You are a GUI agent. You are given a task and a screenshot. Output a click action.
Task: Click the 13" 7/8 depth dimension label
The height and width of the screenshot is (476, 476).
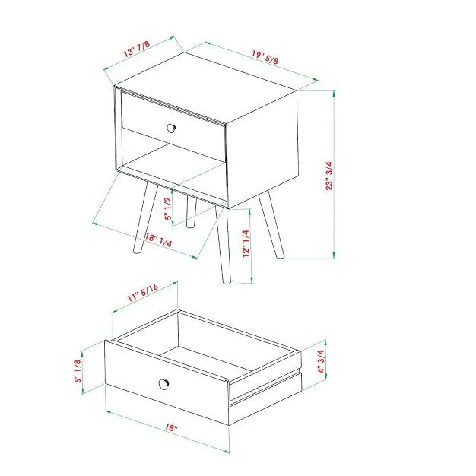point(136,49)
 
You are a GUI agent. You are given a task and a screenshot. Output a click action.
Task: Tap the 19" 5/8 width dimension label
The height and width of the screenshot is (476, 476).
point(265,57)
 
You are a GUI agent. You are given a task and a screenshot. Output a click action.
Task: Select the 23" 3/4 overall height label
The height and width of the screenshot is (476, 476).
point(329,176)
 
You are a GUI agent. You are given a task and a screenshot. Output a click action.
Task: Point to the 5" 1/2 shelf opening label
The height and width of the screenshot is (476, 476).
point(168,208)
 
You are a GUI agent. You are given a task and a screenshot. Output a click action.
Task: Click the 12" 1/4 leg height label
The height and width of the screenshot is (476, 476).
point(246,243)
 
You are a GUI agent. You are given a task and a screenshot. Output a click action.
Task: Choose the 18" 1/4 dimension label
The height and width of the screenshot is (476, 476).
point(158,240)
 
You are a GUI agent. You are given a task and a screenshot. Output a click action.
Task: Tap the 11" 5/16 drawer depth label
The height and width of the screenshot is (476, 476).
point(142,293)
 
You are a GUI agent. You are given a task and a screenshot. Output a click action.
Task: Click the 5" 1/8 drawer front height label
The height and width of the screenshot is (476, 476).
point(78,371)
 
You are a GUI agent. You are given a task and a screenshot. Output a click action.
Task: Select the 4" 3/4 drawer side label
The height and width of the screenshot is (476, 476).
point(321,361)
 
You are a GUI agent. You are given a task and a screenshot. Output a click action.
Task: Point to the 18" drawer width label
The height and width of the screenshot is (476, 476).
point(171,427)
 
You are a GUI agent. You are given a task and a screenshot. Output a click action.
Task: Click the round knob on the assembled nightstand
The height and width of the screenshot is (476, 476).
point(172,128)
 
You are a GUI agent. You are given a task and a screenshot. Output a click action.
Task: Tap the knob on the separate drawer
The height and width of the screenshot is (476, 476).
point(164,384)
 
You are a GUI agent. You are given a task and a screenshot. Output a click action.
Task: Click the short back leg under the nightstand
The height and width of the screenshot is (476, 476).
point(192,212)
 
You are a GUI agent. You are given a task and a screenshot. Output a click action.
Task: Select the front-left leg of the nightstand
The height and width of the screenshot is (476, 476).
point(145,217)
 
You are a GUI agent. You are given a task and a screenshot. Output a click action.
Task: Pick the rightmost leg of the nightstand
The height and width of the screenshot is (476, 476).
point(271,224)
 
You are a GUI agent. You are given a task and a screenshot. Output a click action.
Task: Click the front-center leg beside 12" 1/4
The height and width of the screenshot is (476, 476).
point(223,245)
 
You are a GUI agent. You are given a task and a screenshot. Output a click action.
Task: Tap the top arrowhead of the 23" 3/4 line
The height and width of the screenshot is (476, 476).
point(335,94)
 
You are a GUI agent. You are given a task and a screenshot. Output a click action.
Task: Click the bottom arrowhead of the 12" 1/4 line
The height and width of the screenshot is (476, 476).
point(252,280)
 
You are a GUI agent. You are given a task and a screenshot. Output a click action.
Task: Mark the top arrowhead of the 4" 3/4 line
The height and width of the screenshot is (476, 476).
point(325,343)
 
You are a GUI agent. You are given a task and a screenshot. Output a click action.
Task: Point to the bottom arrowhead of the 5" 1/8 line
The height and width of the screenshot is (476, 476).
point(82,391)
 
